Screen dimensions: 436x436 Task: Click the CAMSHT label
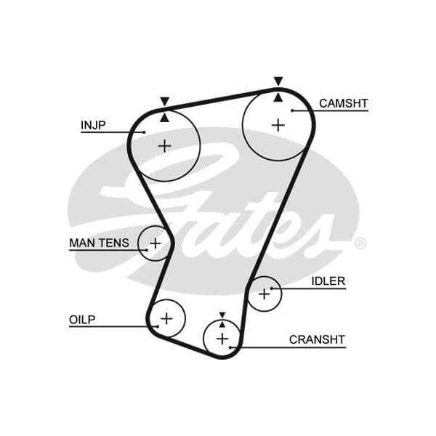(x=344, y=103)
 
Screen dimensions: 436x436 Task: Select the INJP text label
(x=93, y=125)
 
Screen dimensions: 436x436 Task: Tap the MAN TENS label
(x=99, y=243)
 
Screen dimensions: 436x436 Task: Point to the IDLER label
(x=328, y=281)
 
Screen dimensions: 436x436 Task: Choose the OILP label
(x=82, y=320)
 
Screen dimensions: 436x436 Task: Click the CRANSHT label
(x=317, y=339)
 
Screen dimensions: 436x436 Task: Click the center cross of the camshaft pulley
(x=278, y=125)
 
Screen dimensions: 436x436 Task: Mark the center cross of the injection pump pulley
(x=165, y=146)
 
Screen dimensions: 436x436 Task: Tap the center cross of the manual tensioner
(x=156, y=243)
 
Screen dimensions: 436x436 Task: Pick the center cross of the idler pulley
(x=265, y=294)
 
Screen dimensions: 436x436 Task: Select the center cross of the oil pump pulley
(x=167, y=319)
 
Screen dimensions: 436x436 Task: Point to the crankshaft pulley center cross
(x=222, y=339)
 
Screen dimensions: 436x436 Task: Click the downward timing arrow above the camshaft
(x=278, y=81)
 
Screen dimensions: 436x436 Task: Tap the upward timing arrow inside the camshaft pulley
(x=278, y=97)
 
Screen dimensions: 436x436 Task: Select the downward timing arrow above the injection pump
(x=165, y=101)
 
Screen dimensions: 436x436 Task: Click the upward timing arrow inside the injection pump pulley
(x=165, y=118)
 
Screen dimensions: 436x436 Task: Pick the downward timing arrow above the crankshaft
(x=222, y=315)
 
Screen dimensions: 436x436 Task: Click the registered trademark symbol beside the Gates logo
(x=360, y=243)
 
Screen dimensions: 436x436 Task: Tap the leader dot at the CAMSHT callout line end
(x=292, y=110)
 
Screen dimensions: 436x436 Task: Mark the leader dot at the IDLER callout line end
(x=272, y=288)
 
